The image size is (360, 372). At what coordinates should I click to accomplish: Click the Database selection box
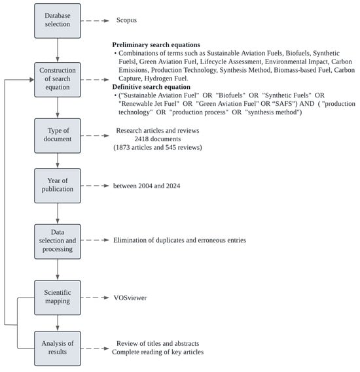(58, 21)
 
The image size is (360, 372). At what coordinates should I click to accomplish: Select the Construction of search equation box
(58, 80)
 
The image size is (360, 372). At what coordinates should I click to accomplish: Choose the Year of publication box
(58, 186)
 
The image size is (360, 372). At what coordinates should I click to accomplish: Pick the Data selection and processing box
(58, 241)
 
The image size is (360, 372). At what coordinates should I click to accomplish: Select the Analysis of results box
(58, 348)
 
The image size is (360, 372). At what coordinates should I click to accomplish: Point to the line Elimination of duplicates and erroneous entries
(179, 241)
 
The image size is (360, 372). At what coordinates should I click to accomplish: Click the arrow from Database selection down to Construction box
(58, 49)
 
